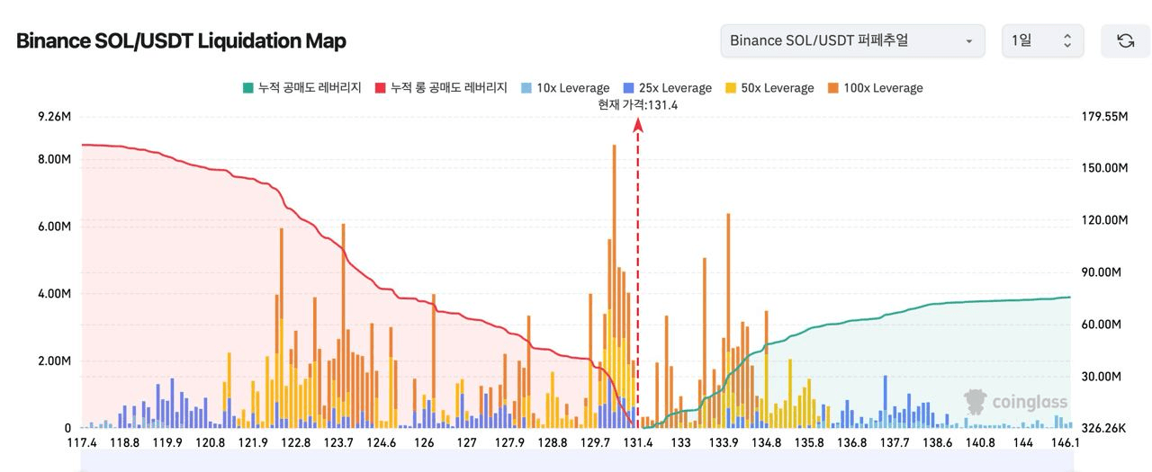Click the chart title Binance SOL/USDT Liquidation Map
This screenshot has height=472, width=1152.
tap(181, 40)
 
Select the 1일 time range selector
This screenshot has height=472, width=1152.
tap(1042, 40)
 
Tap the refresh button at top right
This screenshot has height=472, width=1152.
tap(1125, 40)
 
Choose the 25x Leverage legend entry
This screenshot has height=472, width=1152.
tap(667, 88)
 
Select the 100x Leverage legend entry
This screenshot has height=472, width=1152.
tap(875, 88)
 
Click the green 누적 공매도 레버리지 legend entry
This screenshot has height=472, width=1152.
tap(301, 88)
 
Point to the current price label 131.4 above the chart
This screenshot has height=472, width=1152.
tap(637, 104)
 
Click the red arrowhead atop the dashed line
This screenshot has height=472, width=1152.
tap(638, 127)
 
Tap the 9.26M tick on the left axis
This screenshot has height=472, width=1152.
tap(54, 117)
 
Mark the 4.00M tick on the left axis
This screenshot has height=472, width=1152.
tap(54, 293)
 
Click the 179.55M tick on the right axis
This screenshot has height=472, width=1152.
tap(1103, 117)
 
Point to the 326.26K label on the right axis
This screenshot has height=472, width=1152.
tap(1102, 428)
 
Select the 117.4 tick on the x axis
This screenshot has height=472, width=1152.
tap(82, 442)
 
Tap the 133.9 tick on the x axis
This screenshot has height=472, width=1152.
tap(724, 442)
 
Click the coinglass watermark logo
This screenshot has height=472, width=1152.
tap(1015, 401)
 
